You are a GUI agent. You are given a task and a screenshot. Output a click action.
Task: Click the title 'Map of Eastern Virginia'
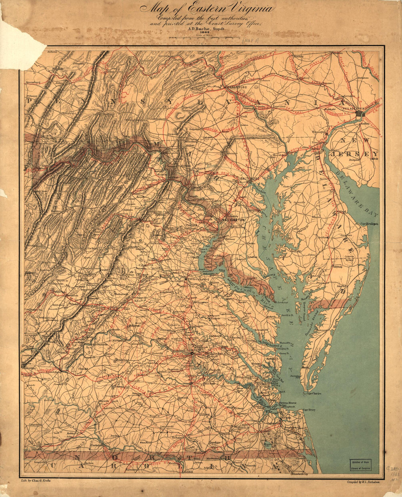pos(206,8)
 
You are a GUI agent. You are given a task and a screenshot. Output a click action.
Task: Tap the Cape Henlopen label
pos(369,224)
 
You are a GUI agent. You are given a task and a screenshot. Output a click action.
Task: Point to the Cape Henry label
pos(309,410)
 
